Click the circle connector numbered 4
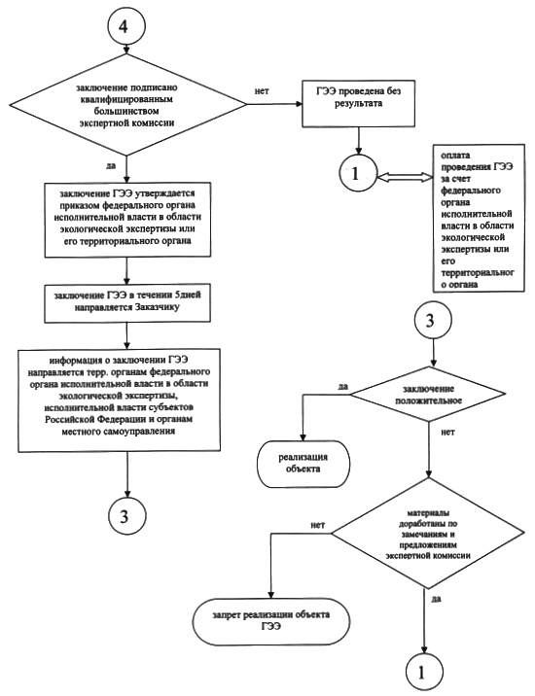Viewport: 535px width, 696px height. click(126, 26)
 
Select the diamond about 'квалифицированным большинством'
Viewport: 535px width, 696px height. click(127, 105)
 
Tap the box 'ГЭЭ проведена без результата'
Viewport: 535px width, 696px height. click(358, 103)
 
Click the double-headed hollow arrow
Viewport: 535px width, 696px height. click(405, 177)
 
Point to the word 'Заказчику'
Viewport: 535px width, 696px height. click(154, 307)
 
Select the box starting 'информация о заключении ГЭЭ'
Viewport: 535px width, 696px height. click(119, 400)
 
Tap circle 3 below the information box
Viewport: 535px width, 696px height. click(126, 516)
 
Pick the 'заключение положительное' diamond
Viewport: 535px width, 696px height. click(429, 394)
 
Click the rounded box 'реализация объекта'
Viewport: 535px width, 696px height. click(303, 463)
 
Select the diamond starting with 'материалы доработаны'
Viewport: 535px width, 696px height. click(429, 533)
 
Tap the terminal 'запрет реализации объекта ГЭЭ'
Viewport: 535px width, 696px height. click(271, 621)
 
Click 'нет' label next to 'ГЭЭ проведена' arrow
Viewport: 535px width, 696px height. click(262, 91)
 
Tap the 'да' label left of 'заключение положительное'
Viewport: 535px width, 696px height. click(343, 386)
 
